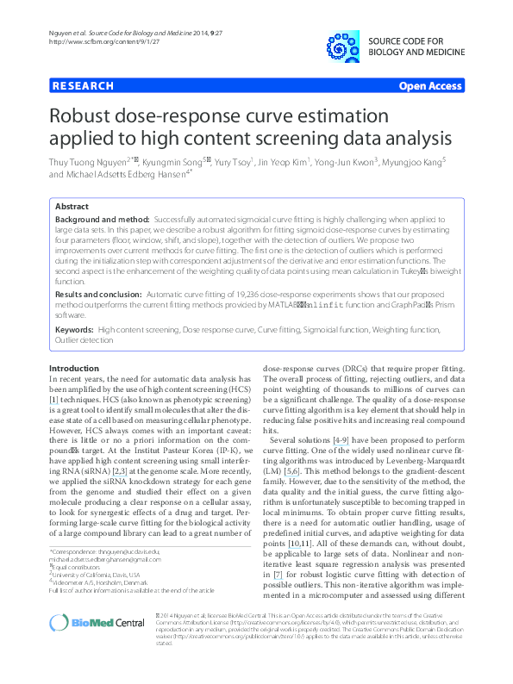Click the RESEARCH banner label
(x=83, y=86)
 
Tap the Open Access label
(x=430, y=86)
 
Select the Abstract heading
(x=71, y=207)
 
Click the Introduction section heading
(x=75, y=368)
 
